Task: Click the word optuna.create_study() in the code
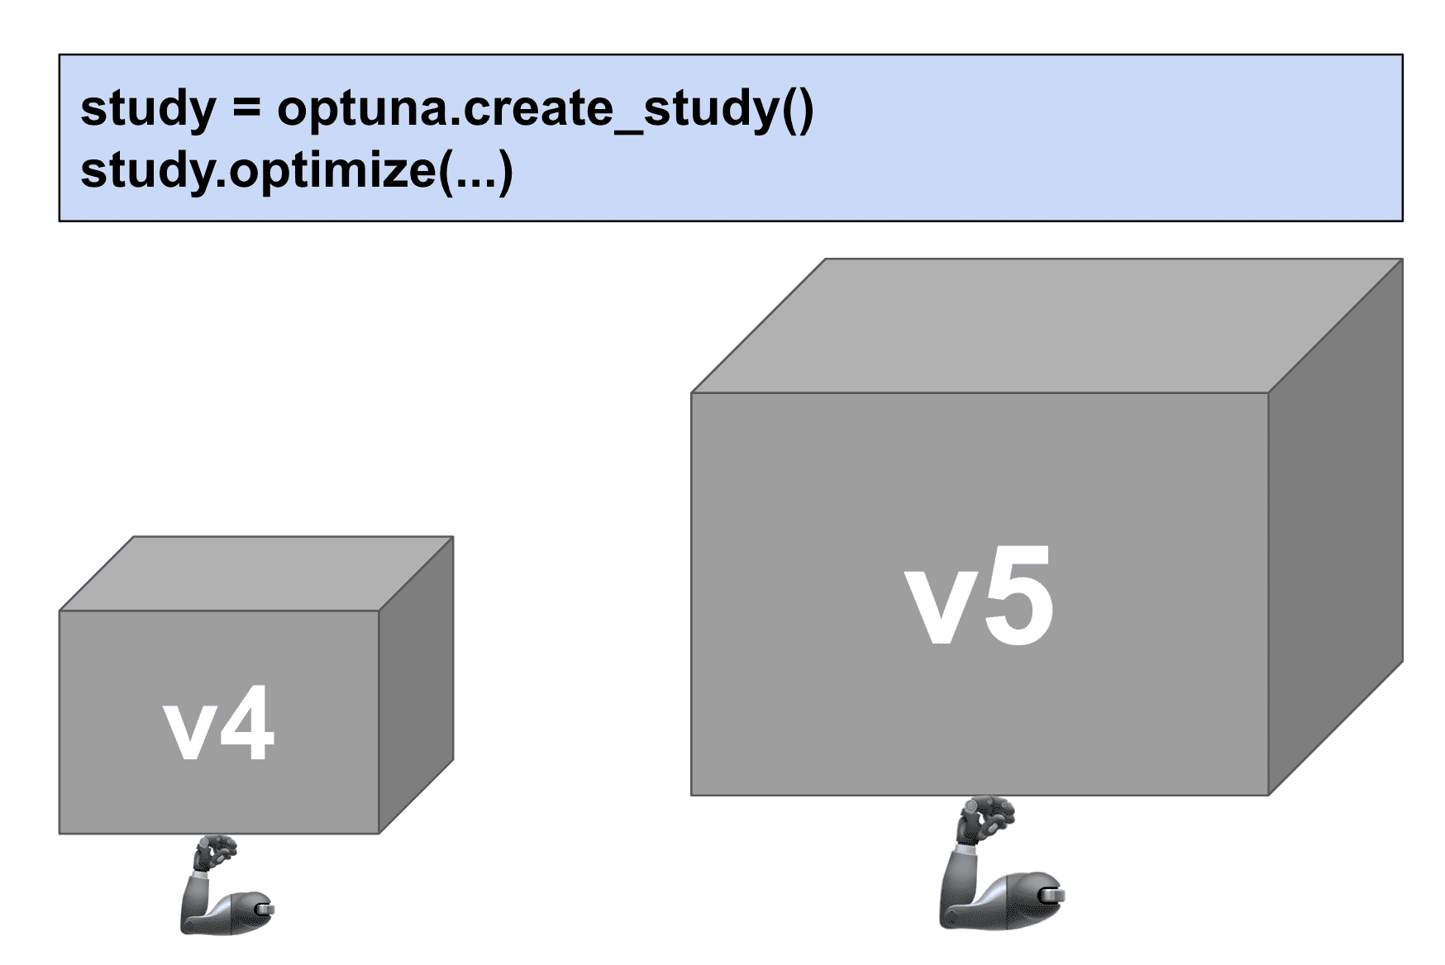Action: tap(546, 108)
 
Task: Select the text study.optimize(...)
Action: tap(297, 170)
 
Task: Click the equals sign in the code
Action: tap(246, 108)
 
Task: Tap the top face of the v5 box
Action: tap(1046, 326)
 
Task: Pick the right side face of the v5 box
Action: tap(1335, 529)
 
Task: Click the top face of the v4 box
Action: tap(256, 573)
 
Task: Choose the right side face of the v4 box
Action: tap(416, 686)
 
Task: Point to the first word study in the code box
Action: tap(148, 108)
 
